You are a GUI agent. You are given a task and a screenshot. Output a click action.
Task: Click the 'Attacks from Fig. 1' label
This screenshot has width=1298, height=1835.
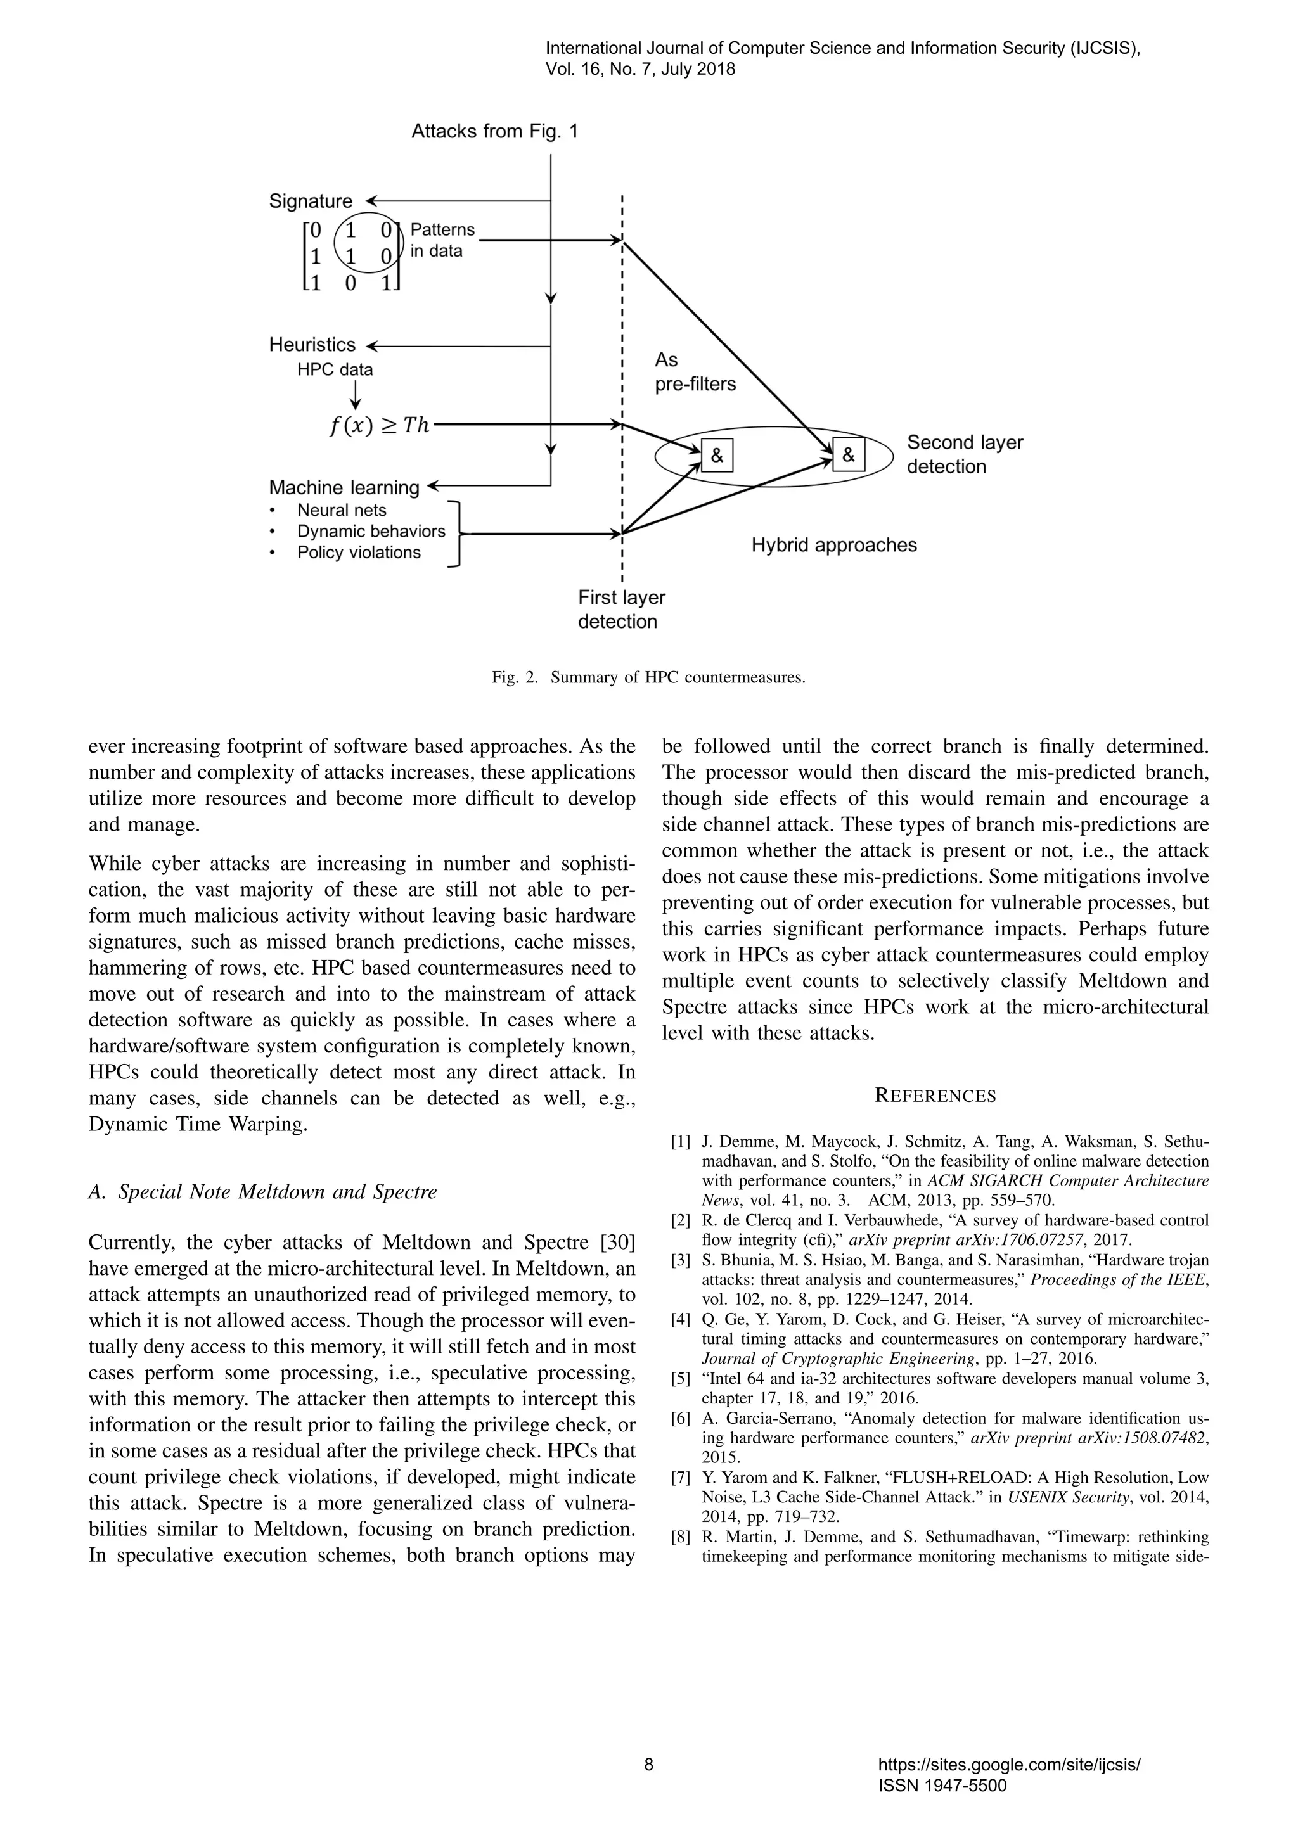pos(494,132)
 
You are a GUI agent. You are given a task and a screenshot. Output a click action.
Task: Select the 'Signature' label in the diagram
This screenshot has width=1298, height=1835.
pos(310,201)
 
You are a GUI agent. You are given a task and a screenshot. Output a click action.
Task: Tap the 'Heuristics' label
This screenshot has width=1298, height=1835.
pos(312,345)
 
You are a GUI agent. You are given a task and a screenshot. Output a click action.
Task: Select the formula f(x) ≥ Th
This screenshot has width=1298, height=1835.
pos(379,425)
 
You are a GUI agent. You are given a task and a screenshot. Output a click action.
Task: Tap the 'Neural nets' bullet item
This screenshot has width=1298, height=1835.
pos(341,510)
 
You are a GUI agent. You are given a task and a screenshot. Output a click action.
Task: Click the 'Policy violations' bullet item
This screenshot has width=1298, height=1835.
pos(358,553)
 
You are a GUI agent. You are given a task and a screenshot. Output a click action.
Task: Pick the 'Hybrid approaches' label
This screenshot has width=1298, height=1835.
pos(833,545)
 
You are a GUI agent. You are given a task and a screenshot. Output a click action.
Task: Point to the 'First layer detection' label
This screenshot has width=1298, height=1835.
pos(621,609)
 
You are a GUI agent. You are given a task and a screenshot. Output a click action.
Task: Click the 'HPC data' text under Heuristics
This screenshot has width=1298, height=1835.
pos(334,369)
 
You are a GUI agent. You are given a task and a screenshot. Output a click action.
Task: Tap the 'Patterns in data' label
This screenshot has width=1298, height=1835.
pos(441,240)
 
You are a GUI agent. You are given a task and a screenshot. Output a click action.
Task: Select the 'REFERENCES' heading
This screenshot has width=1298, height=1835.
pos(935,1096)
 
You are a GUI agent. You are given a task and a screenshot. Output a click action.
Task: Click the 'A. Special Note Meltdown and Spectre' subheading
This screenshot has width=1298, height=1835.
pos(263,1192)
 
